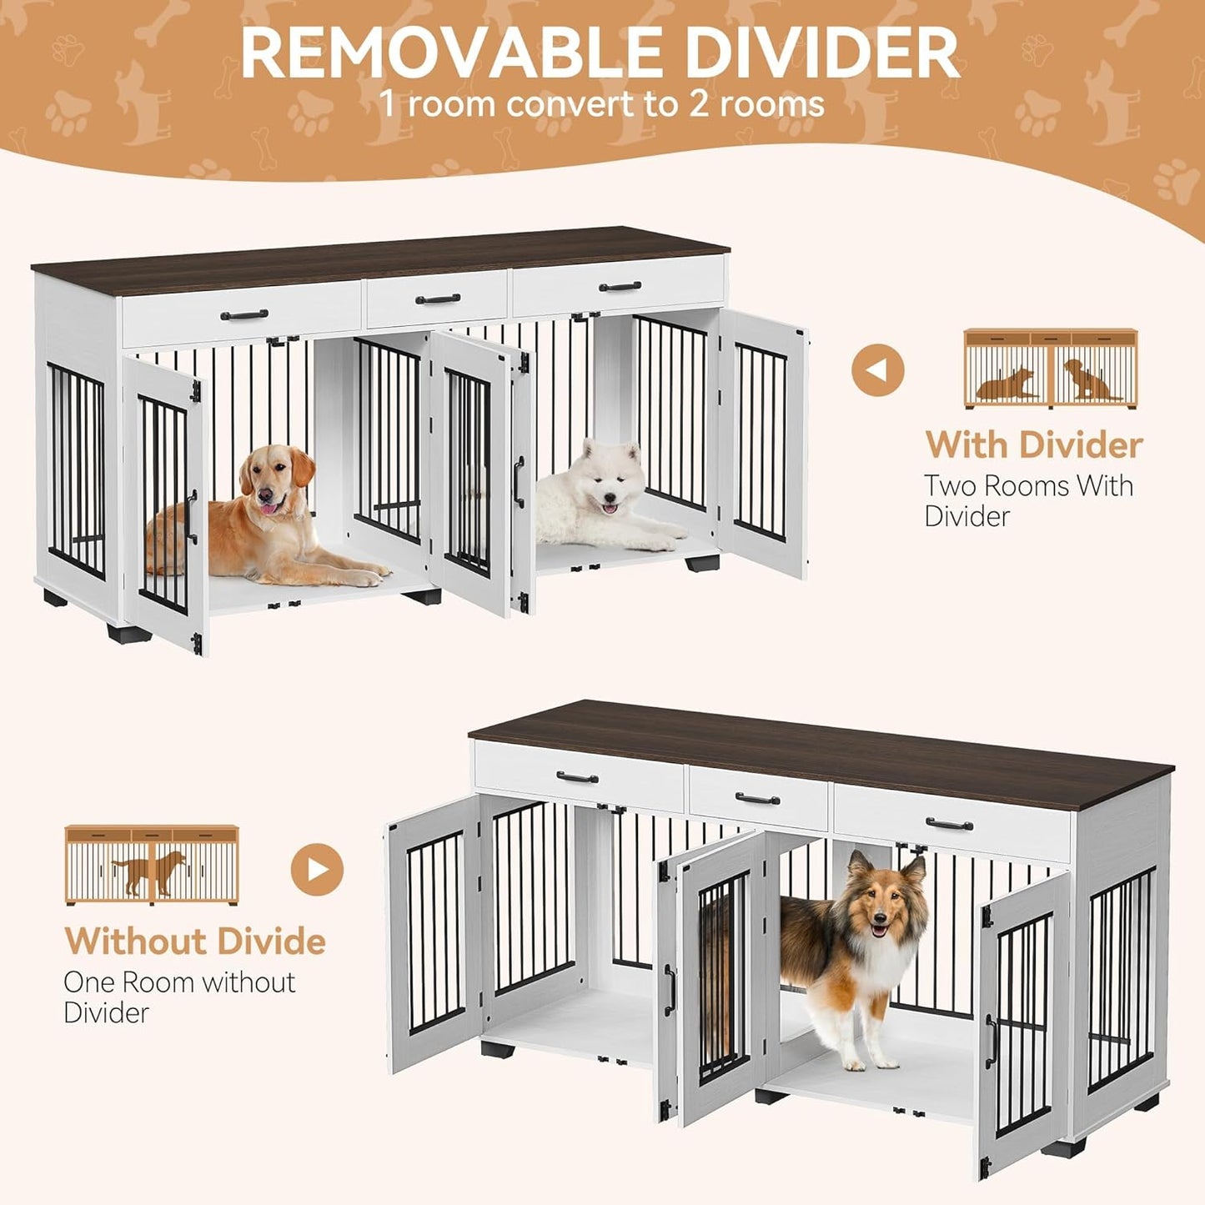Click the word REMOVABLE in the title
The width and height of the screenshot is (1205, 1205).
421,53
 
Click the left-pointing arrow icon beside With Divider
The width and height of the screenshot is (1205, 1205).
877,369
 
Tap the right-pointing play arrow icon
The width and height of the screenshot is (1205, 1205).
317,870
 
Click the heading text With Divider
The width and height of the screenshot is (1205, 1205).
1033,444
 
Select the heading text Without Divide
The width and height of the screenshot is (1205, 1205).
195,941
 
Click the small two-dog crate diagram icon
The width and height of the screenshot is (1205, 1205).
1050,369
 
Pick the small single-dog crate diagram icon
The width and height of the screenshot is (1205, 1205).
152,865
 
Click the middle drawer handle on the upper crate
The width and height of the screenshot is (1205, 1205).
438,299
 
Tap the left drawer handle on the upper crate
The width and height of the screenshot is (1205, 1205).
244,315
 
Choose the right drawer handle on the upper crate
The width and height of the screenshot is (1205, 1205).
620,287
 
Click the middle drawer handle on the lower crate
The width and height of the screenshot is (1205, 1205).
757,799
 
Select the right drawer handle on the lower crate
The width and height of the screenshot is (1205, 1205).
949,825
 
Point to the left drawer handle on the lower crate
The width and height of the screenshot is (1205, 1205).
577,778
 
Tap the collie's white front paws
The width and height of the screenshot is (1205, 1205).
867,1063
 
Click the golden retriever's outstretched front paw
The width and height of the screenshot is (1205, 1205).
367,576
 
